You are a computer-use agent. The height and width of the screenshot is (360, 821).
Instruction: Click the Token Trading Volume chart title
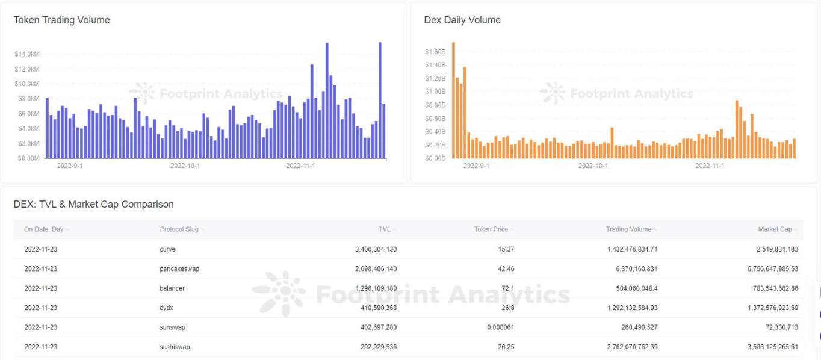[x=61, y=20]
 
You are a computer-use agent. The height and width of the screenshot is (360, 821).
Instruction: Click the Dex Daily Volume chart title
[x=462, y=20]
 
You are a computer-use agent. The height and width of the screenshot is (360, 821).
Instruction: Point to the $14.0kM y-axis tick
[x=27, y=54]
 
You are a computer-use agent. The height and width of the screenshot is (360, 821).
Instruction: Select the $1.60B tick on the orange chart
[x=435, y=52]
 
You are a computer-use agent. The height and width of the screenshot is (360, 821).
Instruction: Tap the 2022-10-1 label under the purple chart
[x=185, y=166]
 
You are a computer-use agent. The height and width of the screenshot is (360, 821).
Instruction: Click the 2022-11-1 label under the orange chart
[x=710, y=166]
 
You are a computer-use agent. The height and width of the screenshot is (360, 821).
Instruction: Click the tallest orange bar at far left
[x=453, y=99]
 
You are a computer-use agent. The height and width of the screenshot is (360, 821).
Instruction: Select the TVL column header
[x=384, y=229]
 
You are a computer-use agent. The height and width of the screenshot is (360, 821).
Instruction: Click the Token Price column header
[x=491, y=229]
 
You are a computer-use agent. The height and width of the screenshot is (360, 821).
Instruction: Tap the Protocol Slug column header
[x=179, y=229]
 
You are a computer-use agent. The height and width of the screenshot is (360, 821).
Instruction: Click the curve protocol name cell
[x=167, y=249]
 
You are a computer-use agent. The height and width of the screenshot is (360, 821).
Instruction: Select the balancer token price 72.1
[x=506, y=288]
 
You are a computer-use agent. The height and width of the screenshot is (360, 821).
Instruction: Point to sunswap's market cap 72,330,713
[x=776, y=327]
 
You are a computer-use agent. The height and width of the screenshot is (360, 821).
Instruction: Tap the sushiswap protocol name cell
[x=175, y=347]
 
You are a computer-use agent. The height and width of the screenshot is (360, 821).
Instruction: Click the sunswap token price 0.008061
[x=497, y=327]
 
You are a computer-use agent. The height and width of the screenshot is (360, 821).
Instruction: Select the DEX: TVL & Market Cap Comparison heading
[x=93, y=204]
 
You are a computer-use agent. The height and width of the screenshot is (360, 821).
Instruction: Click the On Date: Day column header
[x=43, y=229]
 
